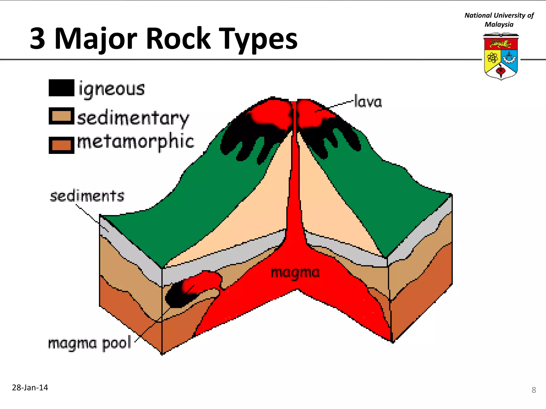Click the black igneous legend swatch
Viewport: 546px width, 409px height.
(61, 88)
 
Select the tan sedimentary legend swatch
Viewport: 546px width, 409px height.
(61, 116)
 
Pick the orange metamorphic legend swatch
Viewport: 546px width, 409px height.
(61, 145)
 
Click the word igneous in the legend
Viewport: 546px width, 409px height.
(111, 89)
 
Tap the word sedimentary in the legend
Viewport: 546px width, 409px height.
(133, 118)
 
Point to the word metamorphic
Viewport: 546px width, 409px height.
(135, 142)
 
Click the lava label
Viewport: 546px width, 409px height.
(368, 102)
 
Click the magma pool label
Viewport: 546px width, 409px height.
(90, 343)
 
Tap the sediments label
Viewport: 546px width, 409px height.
(87, 196)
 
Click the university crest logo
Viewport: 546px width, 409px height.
(501, 56)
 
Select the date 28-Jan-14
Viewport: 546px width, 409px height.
(30, 387)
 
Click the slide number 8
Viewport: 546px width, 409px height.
(533, 390)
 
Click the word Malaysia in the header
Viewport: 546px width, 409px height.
(499, 24)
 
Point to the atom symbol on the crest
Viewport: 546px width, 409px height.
(492, 57)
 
